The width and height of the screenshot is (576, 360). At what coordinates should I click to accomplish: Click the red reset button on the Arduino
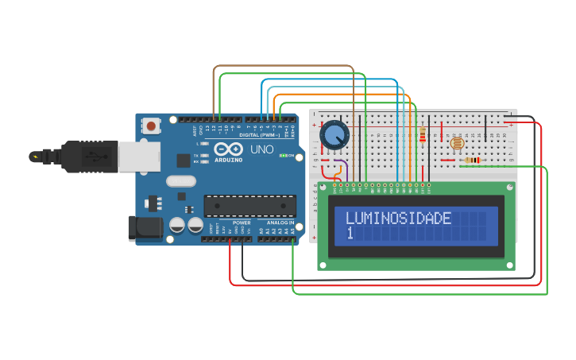click(x=151, y=126)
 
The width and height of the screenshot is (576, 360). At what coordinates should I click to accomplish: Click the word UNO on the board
click(x=262, y=149)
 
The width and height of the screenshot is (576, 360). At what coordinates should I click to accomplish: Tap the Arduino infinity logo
click(x=227, y=149)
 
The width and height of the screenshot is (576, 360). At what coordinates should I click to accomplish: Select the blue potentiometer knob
click(x=334, y=135)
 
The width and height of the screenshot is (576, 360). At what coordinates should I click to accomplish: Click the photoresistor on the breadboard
click(x=457, y=143)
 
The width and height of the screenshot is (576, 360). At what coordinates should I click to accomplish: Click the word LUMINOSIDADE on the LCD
click(x=398, y=218)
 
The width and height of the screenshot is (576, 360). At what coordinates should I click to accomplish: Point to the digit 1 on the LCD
click(x=350, y=233)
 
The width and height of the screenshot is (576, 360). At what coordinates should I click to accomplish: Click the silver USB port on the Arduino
click(x=137, y=157)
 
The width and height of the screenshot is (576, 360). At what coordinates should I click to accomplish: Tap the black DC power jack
click(x=145, y=228)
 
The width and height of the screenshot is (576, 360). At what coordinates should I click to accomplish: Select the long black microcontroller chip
click(x=249, y=206)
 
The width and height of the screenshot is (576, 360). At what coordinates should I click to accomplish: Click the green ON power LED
click(x=283, y=155)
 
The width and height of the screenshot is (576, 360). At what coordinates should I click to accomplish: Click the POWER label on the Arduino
click(x=242, y=223)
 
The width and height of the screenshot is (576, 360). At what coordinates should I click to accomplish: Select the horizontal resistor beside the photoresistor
click(x=474, y=160)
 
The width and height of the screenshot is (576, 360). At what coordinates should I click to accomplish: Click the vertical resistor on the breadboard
click(x=423, y=134)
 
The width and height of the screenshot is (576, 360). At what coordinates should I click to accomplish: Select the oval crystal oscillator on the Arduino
click(x=180, y=180)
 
